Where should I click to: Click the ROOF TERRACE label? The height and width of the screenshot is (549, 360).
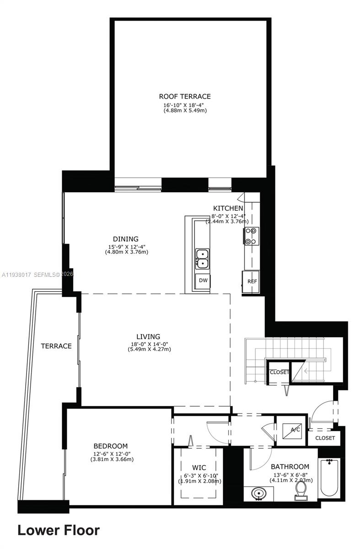pos(185,96)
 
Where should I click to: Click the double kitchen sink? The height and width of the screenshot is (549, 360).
pos(202,258)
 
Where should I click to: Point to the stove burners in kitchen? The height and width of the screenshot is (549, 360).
pos(251,236)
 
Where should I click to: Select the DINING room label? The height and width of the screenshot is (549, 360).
pos(126,239)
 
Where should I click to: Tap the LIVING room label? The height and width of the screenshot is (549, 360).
pos(148,336)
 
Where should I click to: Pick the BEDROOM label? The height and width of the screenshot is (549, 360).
pos(110,446)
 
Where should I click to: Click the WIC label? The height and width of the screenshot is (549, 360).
pos(199,468)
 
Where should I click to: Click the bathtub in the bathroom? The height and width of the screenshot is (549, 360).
pos(330,477)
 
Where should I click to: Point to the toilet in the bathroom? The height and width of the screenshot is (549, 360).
pos(300,490)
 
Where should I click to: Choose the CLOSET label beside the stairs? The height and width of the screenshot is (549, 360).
pos(279,372)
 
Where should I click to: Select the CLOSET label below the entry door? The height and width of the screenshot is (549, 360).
pos(325,438)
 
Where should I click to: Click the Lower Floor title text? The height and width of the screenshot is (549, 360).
pos(59,530)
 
